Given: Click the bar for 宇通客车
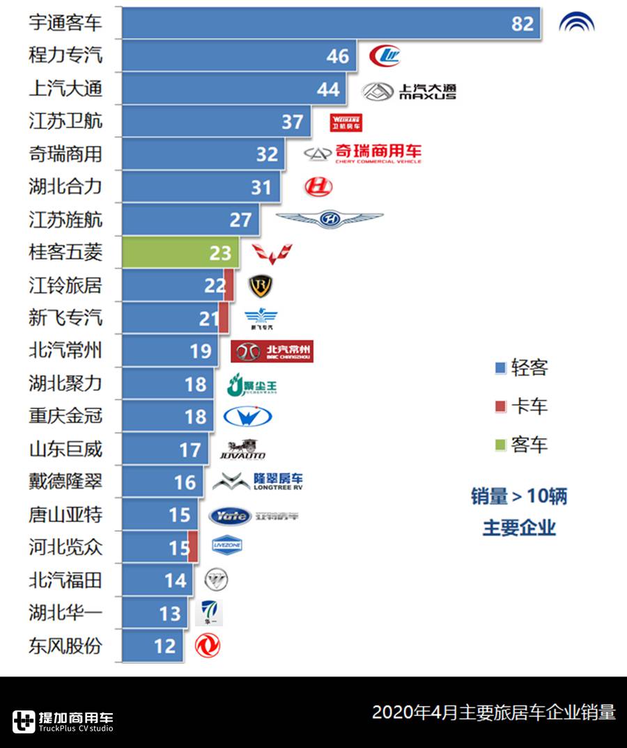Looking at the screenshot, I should pyautogui.click(x=331, y=23).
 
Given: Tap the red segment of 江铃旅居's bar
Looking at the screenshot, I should pyautogui.click(x=229, y=285).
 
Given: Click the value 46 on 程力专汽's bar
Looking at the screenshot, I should pyautogui.click(x=338, y=56).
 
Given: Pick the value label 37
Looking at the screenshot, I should pyautogui.click(x=293, y=122).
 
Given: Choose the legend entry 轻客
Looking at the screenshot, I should pyautogui.click(x=521, y=367).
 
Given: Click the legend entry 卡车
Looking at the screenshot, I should pyautogui.click(x=521, y=406).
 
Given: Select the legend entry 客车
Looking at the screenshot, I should pyautogui.click(x=521, y=445).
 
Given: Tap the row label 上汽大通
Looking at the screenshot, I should pyautogui.click(x=65, y=88).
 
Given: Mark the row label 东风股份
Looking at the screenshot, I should pyautogui.click(x=65, y=646).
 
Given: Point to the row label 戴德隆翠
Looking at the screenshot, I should pyautogui.click(x=65, y=482).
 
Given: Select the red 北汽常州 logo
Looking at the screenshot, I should pyautogui.click(x=272, y=351).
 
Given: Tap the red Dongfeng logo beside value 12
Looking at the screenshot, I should pyautogui.click(x=208, y=646).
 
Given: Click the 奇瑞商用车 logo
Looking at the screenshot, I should pyautogui.click(x=363, y=154).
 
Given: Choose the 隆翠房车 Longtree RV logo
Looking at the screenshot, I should pyautogui.click(x=258, y=482).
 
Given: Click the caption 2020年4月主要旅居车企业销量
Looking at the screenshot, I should pyautogui.click(x=493, y=713).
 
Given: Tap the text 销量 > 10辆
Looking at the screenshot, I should pyautogui.click(x=519, y=497).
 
